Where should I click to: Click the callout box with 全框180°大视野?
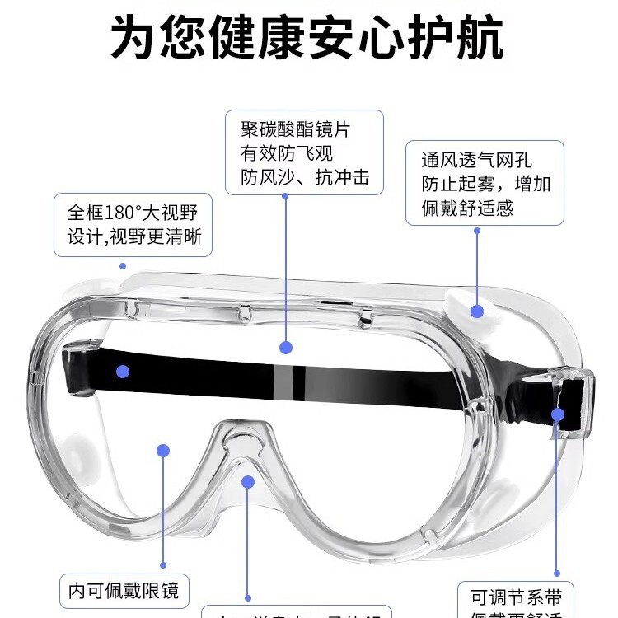(x=133, y=225)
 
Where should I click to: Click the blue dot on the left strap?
(x=123, y=371)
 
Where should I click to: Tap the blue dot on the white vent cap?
(x=477, y=311)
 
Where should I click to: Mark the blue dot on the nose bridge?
(x=247, y=481)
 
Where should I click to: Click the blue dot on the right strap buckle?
(x=558, y=414)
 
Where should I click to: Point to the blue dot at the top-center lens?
(x=286, y=348)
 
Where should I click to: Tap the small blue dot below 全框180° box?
(x=123, y=266)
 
